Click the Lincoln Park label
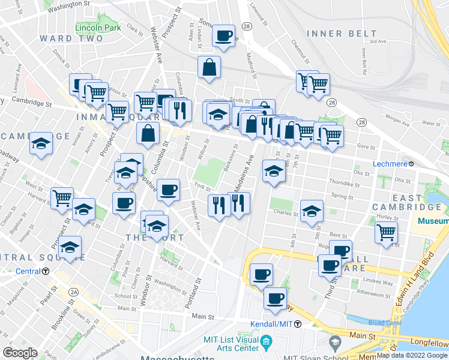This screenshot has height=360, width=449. click(98, 28)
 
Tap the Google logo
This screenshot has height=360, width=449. click(20, 353)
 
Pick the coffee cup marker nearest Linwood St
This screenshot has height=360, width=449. click(223, 36)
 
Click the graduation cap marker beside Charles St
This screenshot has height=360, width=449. click(312, 211)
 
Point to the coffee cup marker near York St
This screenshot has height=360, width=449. click(168, 190)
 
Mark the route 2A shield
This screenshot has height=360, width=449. click(74, 292)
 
